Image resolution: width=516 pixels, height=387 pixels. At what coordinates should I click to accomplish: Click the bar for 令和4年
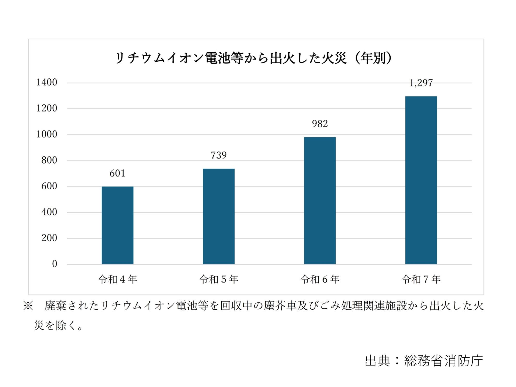click(x=117, y=225)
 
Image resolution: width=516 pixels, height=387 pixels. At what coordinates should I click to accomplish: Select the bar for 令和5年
click(x=219, y=216)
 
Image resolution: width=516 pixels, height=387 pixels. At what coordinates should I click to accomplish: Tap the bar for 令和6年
click(x=320, y=200)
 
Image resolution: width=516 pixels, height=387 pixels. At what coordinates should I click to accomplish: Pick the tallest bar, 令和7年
click(x=421, y=180)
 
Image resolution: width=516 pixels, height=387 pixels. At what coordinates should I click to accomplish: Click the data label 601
click(x=117, y=173)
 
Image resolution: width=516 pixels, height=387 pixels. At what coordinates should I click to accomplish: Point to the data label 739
click(x=219, y=155)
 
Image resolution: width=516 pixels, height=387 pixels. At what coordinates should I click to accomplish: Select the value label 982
click(x=320, y=124)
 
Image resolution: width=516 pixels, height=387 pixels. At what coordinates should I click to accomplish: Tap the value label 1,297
click(x=421, y=83)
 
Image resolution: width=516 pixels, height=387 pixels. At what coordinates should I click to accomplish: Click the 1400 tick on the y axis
click(x=47, y=83)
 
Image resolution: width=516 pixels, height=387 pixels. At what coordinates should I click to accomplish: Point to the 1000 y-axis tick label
click(x=47, y=134)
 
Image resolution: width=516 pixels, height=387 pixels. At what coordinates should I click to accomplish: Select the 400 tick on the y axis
click(x=49, y=212)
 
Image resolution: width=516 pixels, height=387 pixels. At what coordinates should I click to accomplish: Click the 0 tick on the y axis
click(x=54, y=264)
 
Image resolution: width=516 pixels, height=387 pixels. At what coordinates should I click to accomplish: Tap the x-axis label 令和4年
click(x=117, y=279)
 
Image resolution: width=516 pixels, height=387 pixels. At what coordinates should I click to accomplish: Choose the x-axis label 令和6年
click(x=320, y=279)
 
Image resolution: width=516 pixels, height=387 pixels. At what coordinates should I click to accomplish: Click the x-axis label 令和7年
click(x=421, y=279)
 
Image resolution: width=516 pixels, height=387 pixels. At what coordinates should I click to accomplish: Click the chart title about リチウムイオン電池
click(x=232, y=58)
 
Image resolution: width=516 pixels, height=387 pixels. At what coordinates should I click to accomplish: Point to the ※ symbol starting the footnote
click(x=28, y=306)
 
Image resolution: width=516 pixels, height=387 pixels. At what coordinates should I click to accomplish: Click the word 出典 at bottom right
click(x=377, y=361)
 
